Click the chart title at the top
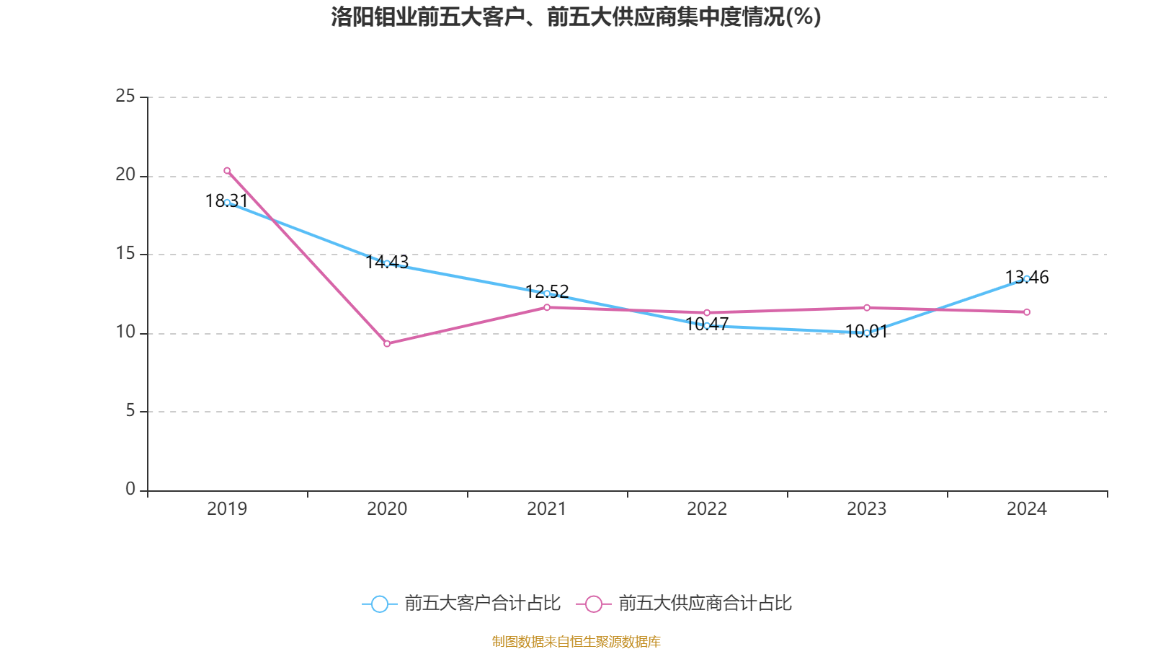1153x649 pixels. (576, 17)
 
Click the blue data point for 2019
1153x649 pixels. (227, 203)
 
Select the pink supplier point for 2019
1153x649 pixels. (227, 171)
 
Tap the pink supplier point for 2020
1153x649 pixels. (387, 344)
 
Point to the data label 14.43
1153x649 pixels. (387, 262)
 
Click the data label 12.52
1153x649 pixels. (547, 291)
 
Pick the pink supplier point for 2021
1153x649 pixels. (547, 307)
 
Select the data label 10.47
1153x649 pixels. (707, 324)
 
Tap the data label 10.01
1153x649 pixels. (866, 331)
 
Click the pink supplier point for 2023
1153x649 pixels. (867, 308)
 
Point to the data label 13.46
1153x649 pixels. (1027, 277)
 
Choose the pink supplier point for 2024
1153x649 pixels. (1027, 312)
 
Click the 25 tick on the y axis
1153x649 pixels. (125, 96)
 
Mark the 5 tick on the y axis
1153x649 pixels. (130, 411)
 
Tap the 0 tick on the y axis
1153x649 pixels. (130, 489)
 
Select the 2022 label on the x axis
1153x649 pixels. (707, 508)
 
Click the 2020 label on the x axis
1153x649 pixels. (387, 508)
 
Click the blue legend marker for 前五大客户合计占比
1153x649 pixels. (379, 604)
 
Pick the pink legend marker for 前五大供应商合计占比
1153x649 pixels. (593, 604)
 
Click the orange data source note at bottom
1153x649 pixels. (576, 641)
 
